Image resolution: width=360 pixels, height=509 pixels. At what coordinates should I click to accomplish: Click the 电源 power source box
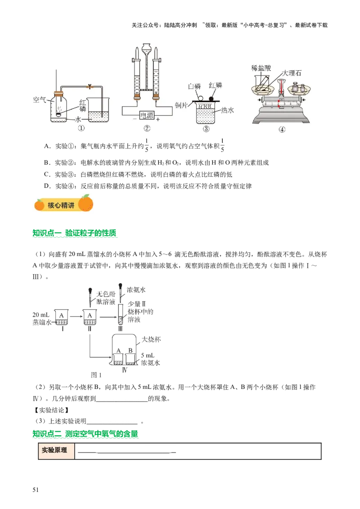click(147, 115)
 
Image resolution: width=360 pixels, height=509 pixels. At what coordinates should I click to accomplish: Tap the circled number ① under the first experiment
click(81, 128)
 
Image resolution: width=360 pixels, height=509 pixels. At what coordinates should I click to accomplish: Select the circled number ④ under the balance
click(282, 129)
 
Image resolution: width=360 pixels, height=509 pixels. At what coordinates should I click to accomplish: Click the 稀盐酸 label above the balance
click(261, 68)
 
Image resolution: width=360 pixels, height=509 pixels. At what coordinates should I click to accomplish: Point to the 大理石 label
click(292, 73)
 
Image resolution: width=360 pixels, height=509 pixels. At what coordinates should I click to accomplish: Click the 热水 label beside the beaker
click(227, 110)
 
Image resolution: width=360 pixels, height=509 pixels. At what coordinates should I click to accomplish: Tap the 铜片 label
click(181, 105)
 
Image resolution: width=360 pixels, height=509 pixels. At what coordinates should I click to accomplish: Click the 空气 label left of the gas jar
click(40, 100)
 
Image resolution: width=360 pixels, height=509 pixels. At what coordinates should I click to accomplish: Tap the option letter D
click(47, 186)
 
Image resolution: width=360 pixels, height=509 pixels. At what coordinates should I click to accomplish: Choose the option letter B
click(47, 163)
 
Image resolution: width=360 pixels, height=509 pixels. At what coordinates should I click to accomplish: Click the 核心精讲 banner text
click(61, 205)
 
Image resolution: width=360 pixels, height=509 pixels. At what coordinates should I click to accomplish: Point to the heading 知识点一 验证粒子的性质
click(74, 233)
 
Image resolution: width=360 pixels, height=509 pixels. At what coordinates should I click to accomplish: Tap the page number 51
click(36, 490)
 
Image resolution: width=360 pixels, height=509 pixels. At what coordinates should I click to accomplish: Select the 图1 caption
click(96, 375)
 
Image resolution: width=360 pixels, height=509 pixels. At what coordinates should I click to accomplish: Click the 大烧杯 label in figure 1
click(151, 339)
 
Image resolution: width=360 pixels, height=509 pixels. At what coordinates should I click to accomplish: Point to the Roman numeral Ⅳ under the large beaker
click(125, 370)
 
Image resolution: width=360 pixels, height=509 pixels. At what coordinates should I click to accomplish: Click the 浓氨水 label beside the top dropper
click(136, 290)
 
